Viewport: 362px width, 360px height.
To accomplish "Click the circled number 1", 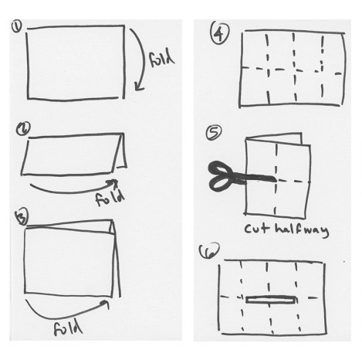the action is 17,27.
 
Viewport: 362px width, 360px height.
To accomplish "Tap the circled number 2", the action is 23,128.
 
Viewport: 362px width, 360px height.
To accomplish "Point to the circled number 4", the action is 220,32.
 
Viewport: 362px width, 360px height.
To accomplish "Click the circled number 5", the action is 214,132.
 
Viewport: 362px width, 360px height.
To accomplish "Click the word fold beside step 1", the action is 161,59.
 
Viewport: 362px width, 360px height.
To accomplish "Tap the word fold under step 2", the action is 110,198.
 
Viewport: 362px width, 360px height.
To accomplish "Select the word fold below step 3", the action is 68,328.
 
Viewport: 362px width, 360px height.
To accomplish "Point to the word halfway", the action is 302,230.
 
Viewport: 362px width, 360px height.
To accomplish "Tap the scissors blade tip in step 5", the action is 276,179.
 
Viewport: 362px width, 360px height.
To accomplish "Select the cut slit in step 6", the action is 272,300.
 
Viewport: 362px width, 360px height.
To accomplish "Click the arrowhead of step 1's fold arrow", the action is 138,87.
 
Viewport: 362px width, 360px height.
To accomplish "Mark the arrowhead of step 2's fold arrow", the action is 114,182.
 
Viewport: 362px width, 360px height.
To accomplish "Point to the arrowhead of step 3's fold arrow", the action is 105,304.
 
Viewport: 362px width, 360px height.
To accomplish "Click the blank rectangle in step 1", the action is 76,62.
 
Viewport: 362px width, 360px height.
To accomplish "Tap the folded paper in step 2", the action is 74,155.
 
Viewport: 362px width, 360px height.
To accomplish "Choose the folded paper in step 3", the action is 72,259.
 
